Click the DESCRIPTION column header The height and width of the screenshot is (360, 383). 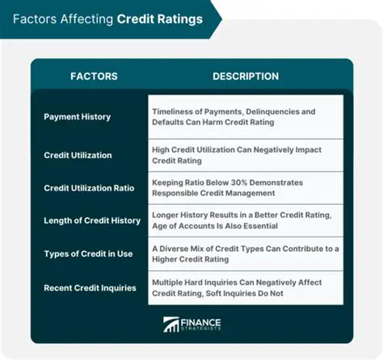click(246, 77)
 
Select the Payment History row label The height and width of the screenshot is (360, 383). click(77, 117)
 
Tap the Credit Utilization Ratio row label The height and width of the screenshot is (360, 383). click(90, 187)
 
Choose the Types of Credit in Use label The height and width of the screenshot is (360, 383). click(88, 253)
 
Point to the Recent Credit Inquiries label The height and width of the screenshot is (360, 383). click(89, 287)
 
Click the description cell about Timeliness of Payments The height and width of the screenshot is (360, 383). click(245, 117)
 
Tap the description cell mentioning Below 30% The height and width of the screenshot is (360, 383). click(245, 187)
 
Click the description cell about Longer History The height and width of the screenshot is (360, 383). click(245, 220)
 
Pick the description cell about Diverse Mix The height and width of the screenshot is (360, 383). click(245, 253)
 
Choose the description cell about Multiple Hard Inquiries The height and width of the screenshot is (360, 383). click(245, 287)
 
